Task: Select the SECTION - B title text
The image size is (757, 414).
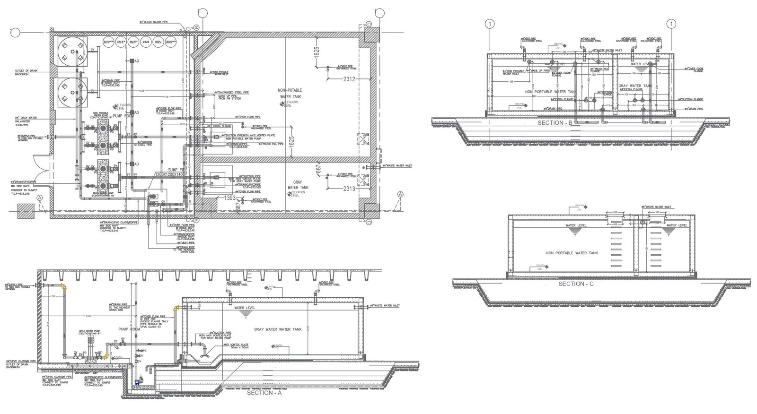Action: point(555,123)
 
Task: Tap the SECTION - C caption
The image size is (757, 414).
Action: point(576,284)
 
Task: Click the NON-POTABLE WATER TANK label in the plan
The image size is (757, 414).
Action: point(289,93)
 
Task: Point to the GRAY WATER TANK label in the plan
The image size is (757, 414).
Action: point(298,185)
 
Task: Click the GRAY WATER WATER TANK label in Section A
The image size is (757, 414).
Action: point(278,329)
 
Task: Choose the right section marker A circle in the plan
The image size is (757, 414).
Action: point(401,194)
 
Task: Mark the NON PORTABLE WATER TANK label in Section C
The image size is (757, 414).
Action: point(572,253)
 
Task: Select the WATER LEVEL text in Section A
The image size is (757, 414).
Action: point(245,308)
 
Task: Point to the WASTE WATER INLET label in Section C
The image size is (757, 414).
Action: point(656,207)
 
